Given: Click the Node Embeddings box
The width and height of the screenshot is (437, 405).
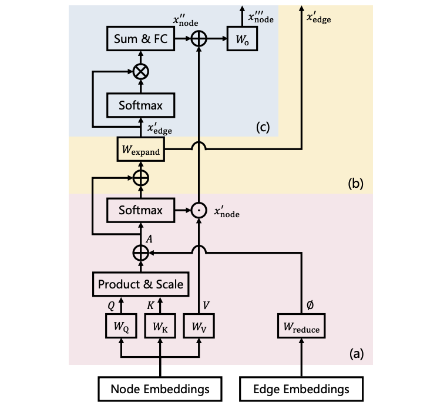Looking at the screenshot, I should [161, 389].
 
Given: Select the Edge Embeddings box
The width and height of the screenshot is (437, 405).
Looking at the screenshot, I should [301, 389].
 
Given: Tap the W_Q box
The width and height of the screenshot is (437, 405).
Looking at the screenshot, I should [122, 326].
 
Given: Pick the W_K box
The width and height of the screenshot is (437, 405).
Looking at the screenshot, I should [160, 326].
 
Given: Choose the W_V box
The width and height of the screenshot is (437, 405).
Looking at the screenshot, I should [199, 326].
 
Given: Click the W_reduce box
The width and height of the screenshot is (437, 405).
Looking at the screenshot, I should [301, 326].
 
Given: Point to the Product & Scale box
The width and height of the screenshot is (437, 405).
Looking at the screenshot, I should [140, 284].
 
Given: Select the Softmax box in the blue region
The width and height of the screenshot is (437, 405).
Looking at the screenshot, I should [140, 105].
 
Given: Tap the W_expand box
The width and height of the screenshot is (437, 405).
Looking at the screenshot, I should [140, 151].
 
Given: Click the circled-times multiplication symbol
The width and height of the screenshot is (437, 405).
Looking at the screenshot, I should [140, 71].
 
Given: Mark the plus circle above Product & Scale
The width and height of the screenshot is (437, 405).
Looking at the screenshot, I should [140, 253].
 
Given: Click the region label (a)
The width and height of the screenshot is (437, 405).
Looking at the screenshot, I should [356, 353].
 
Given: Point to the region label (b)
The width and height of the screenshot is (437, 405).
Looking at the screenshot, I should [356, 183].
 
